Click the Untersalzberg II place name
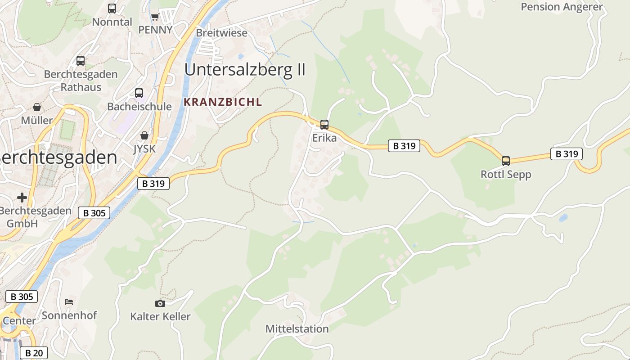(x=245, y=70)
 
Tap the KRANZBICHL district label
(x=223, y=102)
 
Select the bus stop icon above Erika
(x=324, y=125)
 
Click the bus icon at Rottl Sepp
(x=506, y=161)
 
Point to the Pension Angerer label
(x=561, y=7)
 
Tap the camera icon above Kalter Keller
(x=160, y=303)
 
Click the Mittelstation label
(x=297, y=329)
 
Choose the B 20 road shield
(x=34, y=353)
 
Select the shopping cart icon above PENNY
(x=155, y=17)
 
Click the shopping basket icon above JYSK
(x=144, y=135)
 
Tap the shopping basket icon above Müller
(x=37, y=107)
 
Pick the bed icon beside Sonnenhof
(x=69, y=301)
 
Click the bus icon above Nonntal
(x=112, y=9)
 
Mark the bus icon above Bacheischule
(x=139, y=93)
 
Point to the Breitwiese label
(x=221, y=33)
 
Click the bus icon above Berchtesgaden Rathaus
(x=81, y=60)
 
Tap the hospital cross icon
(x=22, y=198)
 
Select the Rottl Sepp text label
(x=506, y=174)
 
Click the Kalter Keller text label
(x=160, y=316)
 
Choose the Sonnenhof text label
(x=69, y=315)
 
